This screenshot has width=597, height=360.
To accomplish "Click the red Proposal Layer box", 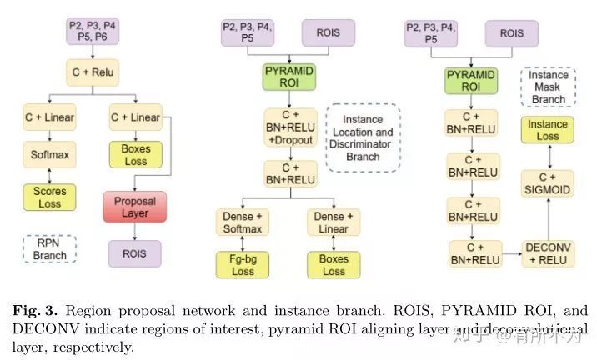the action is pyautogui.click(x=134, y=206).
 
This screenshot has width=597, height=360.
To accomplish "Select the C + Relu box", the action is pyautogui.click(x=92, y=72).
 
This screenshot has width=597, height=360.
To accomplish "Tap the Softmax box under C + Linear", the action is pyautogui.click(x=49, y=155).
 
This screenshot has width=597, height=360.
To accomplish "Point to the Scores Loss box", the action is pyautogui.click(x=49, y=196).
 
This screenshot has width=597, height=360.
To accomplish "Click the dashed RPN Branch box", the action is pyautogui.click(x=49, y=248).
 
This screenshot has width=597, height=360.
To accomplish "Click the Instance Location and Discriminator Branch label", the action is pyautogui.click(x=363, y=137).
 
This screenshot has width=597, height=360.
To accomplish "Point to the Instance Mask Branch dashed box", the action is pyautogui.click(x=547, y=87).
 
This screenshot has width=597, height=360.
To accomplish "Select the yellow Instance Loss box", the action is pyautogui.click(x=547, y=131).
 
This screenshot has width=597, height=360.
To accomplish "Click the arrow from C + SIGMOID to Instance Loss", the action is pyautogui.click(x=547, y=157).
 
